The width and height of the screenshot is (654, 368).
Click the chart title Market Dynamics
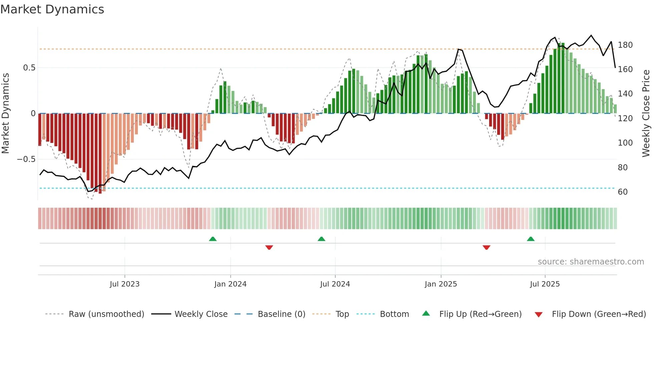click(52, 9)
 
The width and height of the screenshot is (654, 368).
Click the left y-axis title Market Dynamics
click(5, 114)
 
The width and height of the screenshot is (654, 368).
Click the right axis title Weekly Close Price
click(646, 114)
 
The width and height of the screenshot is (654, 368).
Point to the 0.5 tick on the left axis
click(29, 68)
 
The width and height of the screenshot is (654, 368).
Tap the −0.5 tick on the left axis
click(26, 159)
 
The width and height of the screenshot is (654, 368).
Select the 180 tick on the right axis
click(625, 45)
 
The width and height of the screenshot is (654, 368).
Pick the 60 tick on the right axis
click(623, 192)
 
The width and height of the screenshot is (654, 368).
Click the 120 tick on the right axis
click(625, 119)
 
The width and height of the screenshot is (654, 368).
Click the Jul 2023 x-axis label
click(124, 284)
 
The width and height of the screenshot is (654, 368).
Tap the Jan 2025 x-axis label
click(440, 284)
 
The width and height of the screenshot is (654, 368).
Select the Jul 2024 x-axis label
click(335, 284)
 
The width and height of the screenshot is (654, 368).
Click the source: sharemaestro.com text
click(591, 262)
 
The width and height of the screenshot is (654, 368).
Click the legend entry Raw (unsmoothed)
click(106, 314)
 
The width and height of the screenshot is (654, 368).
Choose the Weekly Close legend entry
click(201, 314)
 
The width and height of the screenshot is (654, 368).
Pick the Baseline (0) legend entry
click(281, 314)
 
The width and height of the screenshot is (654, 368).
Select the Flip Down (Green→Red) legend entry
click(599, 314)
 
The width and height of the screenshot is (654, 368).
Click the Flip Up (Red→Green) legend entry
click(480, 314)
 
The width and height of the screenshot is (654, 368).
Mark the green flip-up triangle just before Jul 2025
click(531, 239)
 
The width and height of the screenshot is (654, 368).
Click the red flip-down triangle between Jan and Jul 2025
click(486, 247)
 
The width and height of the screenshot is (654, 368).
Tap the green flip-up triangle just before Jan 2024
click(213, 239)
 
